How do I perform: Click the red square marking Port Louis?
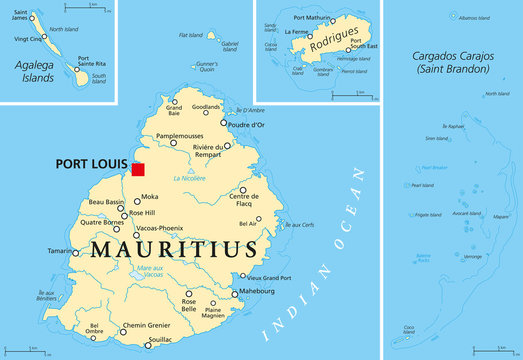138,169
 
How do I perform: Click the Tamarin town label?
48,251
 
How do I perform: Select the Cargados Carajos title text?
452,63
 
